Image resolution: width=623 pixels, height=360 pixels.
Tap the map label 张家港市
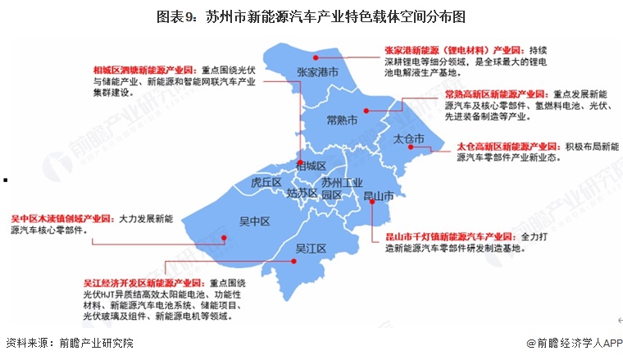pos(319,72)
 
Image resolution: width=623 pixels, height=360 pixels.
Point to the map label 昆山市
pos(379,197)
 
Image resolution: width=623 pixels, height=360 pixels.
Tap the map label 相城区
pos(311,165)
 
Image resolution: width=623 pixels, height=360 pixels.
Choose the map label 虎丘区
pos(266,182)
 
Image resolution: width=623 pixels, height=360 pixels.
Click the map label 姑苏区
pos(302,194)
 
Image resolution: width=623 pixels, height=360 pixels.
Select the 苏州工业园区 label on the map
pos(340,189)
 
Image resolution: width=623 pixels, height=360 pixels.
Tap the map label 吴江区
pos(311,248)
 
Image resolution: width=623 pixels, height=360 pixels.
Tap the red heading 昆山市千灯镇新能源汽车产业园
pos(451,235)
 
